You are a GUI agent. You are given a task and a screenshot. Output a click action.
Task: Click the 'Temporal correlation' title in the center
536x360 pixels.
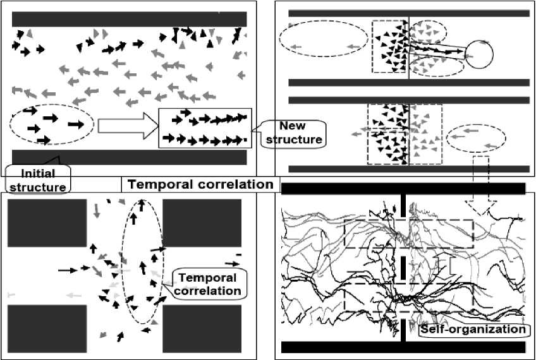[x=200, y=184]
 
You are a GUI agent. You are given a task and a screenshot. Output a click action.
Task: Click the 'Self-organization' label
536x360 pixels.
[x=473, y=330]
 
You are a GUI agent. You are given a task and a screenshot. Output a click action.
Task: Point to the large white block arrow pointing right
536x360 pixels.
[x=126, y=125]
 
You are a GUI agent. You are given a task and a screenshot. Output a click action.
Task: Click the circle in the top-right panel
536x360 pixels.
[x=478, y=54]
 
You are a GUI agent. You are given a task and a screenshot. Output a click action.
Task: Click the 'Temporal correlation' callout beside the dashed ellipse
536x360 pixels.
[x=209, y=284]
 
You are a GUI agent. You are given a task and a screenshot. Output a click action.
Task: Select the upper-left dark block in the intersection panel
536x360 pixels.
[x=46, y=223]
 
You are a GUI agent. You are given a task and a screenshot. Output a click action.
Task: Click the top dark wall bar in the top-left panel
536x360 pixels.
[x=129, y=19]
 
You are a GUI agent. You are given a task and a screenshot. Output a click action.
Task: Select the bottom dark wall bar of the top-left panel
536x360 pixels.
[x=129, y=157]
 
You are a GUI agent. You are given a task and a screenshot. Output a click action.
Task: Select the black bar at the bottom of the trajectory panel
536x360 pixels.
[x=403, y=347]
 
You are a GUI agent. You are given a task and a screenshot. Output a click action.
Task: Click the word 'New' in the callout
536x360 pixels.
[x=292, y=126]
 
